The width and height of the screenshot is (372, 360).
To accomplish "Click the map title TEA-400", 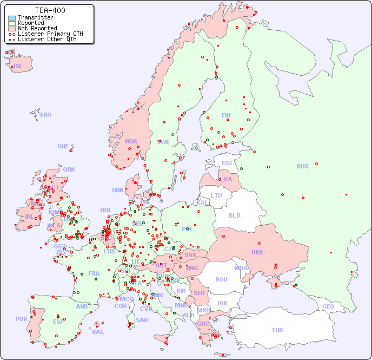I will point(50,10).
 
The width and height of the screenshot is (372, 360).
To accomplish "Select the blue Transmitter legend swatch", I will point(12,17).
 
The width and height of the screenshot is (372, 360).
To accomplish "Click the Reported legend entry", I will point(31,23).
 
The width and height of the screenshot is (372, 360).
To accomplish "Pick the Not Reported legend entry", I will point(37,28).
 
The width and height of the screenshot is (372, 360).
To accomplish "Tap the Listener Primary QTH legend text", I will point(50,34).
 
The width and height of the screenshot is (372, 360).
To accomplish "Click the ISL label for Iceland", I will point(18,67).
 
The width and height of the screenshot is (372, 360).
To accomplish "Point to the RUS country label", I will point(302,166).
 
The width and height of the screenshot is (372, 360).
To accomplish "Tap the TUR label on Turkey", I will point(277,330).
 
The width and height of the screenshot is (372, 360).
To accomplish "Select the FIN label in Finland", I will point(226,115).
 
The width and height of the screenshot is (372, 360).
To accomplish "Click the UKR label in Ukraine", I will point(257,252).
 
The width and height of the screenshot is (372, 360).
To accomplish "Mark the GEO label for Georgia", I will point(328,306).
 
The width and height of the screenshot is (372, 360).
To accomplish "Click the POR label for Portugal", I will point(21,319).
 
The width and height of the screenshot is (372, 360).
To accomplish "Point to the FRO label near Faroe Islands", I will point(46,115).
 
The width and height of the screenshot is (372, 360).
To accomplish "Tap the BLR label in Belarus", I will point(234,215).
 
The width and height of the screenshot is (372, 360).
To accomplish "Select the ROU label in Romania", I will point(221,279).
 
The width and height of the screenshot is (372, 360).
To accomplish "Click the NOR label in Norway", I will point(131,141).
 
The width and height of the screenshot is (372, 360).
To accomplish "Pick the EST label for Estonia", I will point(227,163).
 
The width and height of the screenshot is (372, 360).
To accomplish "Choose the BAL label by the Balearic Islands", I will point(97,332).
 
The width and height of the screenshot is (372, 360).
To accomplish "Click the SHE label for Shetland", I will point(63,146).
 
